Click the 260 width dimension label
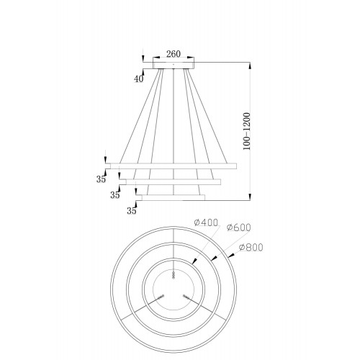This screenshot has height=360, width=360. [174, 54]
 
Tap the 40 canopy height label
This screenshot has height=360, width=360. [138, 78]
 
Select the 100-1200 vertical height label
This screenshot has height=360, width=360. [246, 131]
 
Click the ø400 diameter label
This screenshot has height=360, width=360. [206, 222]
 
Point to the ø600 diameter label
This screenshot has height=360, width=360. [238, 228]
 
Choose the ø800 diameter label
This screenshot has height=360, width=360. [251, 247]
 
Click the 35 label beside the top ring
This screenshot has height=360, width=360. [101, 179]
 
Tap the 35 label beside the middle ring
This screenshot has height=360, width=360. [115, 195]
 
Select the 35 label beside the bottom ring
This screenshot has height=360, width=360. [132, 211]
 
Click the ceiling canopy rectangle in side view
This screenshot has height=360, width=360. [174, 66]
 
